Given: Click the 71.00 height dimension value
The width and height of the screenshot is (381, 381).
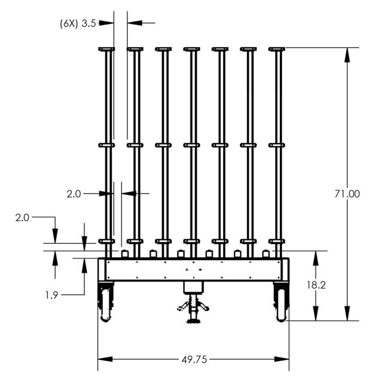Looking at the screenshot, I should [x=346, y=194].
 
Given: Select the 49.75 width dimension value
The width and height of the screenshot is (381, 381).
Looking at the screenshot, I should [x=194, y=359].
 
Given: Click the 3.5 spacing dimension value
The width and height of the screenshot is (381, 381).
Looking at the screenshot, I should [x=89, y=23].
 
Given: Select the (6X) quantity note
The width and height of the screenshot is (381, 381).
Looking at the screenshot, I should [x=69, y=23].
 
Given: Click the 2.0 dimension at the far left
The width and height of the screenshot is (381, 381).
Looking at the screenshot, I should [x=22, y=217].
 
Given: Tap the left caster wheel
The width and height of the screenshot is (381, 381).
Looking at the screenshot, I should [x=105, y=304].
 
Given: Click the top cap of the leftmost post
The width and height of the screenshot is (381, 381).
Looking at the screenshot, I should [x=107, y=50].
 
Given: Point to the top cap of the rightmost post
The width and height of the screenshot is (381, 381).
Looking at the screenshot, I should [x=276, y=50].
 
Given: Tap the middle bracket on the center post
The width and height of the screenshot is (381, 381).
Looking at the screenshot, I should [x=192, y=145].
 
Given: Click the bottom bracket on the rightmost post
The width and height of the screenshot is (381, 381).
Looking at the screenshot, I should [x=276, y=241].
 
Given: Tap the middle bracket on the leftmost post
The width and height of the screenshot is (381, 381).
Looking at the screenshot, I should [x=107, y=145].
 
